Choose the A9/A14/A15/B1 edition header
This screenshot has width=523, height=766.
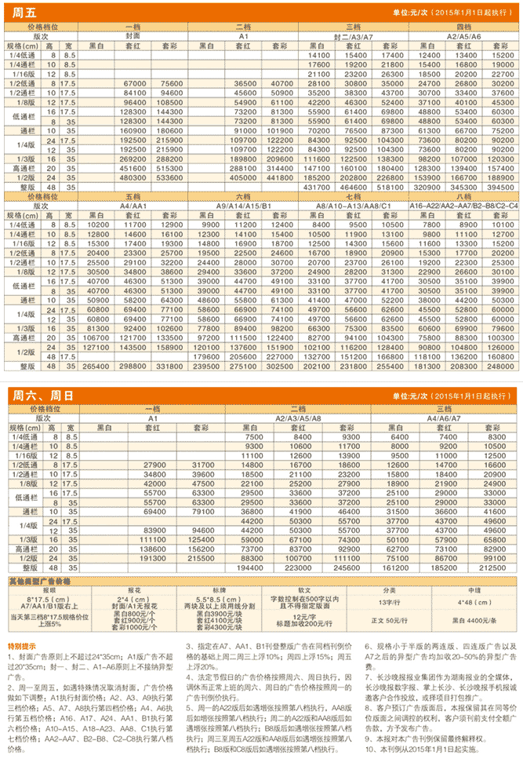click(244, 205)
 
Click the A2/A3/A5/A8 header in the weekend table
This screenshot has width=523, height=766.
click(299, 418)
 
